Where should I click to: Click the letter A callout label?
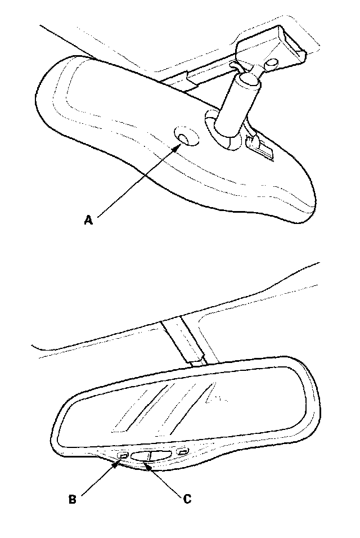pyautogui.click(x=88, y=221)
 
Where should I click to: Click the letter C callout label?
pyautogui.click(x=187, y=499)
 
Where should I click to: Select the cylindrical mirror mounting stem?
pyautogui.click(x=236, y=107)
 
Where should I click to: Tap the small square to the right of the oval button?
pyautogui.click(x=182, y=451)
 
